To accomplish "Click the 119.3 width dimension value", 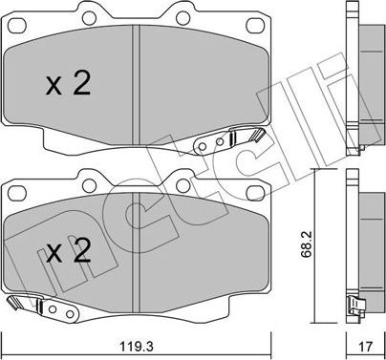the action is pos(137,346).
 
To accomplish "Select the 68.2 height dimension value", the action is pos(307,244).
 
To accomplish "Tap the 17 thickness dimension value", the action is pos(365,346).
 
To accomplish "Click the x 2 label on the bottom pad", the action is pos(68,251).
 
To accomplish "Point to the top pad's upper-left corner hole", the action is pos(17,26).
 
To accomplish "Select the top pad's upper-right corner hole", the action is pos(256,26).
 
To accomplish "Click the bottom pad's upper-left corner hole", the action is pos(17,193).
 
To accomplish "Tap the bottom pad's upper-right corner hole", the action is pos(256,193).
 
